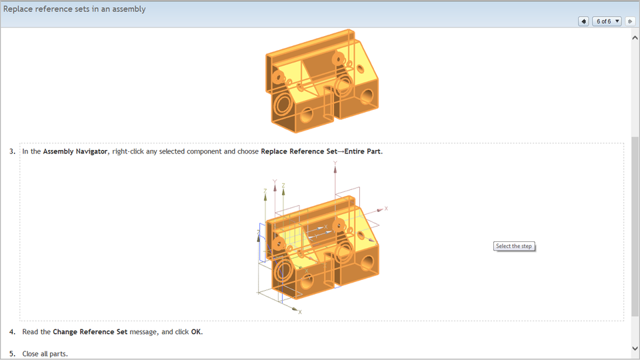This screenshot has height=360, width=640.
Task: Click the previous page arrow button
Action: pos(583,21)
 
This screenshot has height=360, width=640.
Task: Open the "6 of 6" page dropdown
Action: pos(607,21)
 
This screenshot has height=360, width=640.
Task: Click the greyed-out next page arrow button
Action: pos(630,21)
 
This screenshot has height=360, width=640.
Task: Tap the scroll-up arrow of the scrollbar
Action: pos(635,38)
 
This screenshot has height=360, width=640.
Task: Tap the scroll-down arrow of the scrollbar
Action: pos(635,349)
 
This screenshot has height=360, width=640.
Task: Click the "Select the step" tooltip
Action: pos(514,246)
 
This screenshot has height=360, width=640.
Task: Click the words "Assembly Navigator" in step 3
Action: pos(75,151)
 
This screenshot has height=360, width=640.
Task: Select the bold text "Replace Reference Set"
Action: pos(299,151)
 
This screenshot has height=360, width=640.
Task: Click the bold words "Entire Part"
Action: pos(363,151)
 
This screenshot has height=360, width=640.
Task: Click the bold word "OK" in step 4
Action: pos(196,331)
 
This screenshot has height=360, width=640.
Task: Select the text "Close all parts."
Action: pos(45,353)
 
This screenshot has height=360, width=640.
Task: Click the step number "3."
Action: pos(13,151)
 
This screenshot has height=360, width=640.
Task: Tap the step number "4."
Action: pos(13,331)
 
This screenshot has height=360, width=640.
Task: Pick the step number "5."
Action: pos(13,353)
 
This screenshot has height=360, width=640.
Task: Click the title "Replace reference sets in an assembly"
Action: pos(75,9)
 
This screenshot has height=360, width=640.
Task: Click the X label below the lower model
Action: pos(300,312)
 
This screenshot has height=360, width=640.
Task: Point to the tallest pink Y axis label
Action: pos(335,163)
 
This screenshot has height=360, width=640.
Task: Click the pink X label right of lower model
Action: pos(386,209)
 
